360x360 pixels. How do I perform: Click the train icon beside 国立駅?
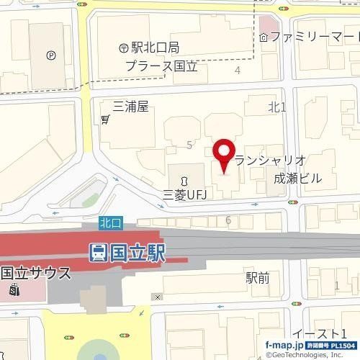(99, 252)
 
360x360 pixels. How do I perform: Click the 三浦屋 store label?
(130, 107)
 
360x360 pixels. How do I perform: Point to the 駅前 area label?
(257, 276)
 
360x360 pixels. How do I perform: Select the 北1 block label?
(277, 107)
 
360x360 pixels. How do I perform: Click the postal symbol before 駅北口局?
(124, 48)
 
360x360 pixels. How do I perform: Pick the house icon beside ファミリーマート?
(265, 36)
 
